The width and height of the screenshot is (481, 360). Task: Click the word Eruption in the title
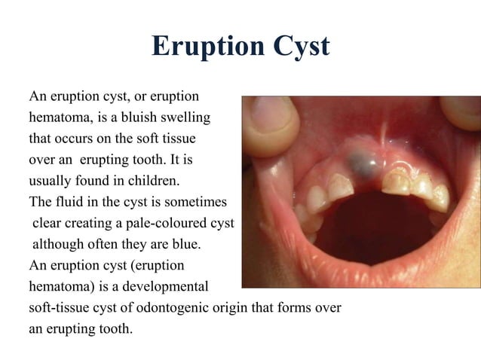tap(198, 46)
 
